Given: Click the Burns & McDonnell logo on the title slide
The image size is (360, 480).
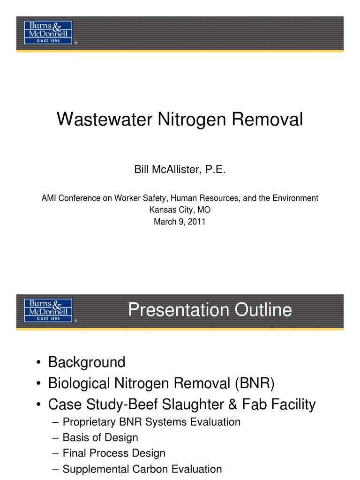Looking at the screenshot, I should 48,32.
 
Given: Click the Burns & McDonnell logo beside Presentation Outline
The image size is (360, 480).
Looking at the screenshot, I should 48,310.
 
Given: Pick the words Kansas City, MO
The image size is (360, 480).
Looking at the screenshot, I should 180,210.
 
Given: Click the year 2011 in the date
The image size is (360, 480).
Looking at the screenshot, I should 196,222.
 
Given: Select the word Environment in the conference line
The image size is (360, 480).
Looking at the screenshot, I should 296,198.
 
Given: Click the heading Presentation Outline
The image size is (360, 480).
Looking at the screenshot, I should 210,310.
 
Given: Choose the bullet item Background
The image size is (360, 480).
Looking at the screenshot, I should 87,362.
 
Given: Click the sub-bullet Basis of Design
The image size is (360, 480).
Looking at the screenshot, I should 100,438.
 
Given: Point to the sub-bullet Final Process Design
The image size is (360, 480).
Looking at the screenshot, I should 114,453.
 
